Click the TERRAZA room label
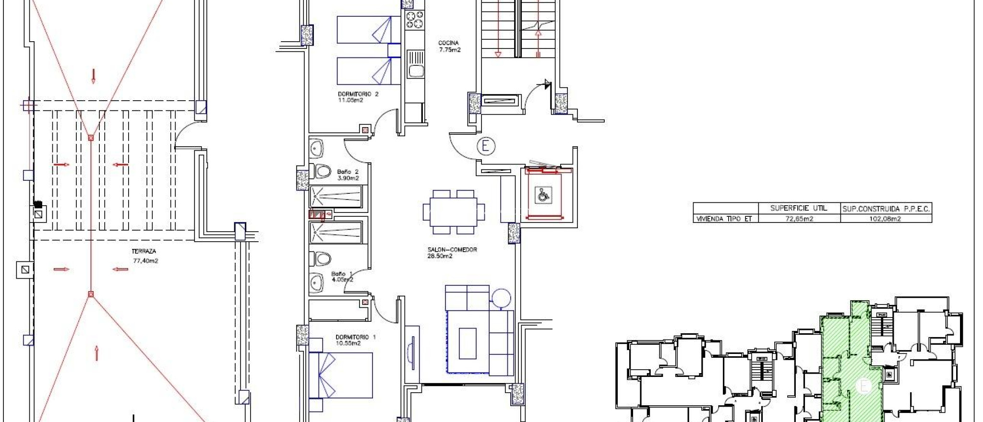tap(144, 251)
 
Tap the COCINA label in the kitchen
tap(448, 43)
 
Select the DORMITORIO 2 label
tap(358, 94)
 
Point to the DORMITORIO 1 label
tap(356, 337)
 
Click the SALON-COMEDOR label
tap(452, 249)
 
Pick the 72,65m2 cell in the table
tap(799, 219)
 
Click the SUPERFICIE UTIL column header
tap(799, 208)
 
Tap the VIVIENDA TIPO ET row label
tap(724, 219)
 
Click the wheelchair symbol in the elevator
tap(543, 195)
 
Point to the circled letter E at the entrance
tap(486, 146)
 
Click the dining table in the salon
tap(454, 212)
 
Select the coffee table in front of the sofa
tap(468, 343)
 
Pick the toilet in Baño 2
tap(322, 171)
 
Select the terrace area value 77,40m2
tap(145, 261)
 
